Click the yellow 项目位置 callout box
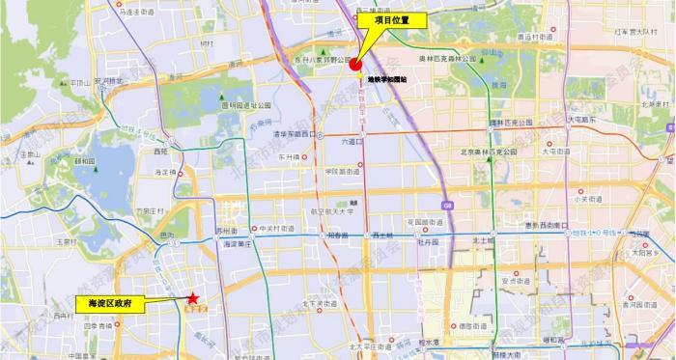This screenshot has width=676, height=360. point(391,19)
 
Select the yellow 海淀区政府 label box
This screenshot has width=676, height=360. point(109,302)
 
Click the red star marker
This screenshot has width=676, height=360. point(194,299)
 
